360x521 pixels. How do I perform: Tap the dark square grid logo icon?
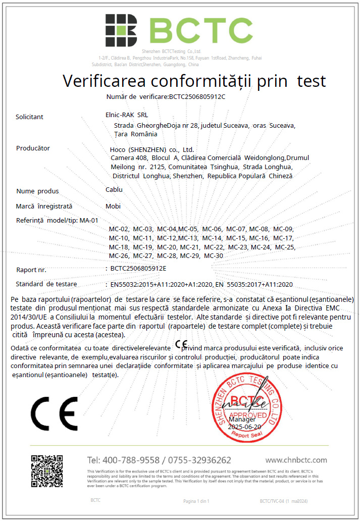click(x=121, y=30)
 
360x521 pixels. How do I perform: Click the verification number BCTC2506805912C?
click(x=197, y=96)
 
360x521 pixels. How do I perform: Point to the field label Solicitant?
click(x=30, y=117)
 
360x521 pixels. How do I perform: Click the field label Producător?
click(x=33, y=148)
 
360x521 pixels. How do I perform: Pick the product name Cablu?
click(x=114, y=190)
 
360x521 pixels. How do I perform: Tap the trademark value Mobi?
click(x=113, y=206)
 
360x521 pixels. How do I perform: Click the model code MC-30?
click(x=214, y=256)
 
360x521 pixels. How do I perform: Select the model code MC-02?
click(x=119, y=229)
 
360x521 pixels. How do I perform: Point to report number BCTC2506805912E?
click(x=138, y=269)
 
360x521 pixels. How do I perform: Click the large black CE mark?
click(x=55, y=412)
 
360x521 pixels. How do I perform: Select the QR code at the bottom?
click(x=47, y=471)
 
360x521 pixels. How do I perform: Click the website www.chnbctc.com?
click(x=296, y=460)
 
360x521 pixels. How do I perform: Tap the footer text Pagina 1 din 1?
click(x=196, y=501)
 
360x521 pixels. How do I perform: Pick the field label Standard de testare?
click(x=46, y=284)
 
